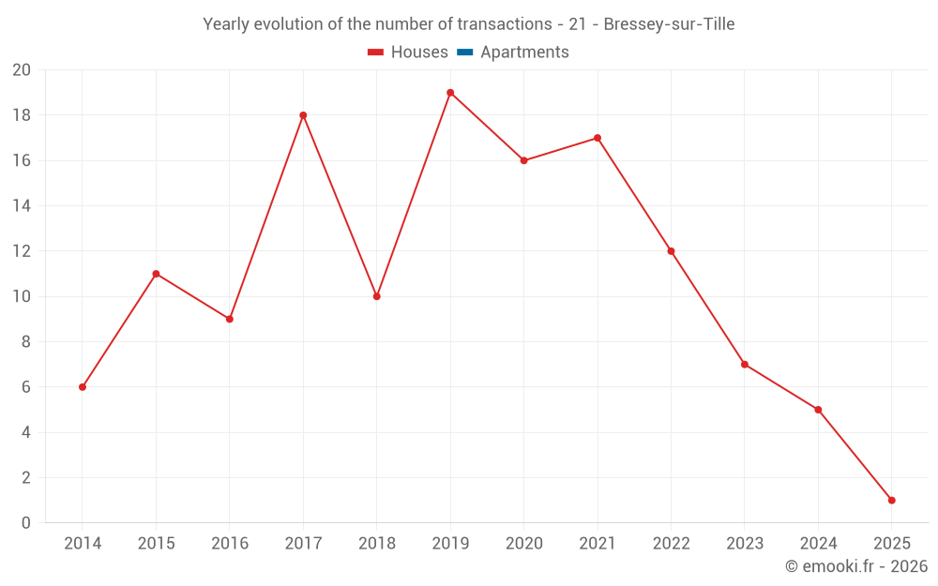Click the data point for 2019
point(450,93)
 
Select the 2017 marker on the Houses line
point(303,115)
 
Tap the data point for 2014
point(83,387)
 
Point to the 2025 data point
point(891,501)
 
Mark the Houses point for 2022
point(671,251)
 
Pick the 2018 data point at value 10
point(376,296)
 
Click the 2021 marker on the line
point(598,138)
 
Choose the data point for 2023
point(745,365)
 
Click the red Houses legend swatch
point(376,53)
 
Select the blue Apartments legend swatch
point(465,53)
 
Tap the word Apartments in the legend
point(524,53)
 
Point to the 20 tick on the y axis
point(22,70)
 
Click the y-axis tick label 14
point(22,206)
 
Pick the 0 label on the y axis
point(26,523)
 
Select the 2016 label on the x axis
point(230,544)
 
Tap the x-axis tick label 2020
point(523,544)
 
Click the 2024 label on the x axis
point(818,544)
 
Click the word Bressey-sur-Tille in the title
point(669,24)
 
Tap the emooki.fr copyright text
point(856,566)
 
